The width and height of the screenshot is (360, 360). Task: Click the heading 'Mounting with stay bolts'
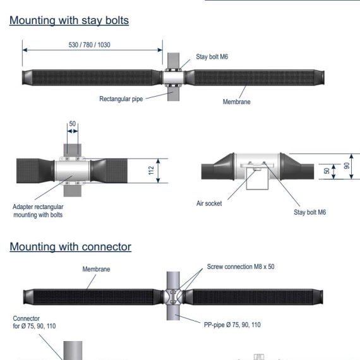(69, 20)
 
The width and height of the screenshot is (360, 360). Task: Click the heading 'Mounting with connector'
(71, 247)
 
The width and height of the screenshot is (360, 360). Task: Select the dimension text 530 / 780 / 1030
(89, 45)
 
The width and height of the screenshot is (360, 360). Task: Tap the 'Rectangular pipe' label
(121, 99)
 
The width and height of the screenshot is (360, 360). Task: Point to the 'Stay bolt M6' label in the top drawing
(212, 57)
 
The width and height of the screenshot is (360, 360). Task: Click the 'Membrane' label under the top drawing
(236, 102)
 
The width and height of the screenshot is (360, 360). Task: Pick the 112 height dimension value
(151, 171)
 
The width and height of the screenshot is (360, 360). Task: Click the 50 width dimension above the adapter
(73, 124)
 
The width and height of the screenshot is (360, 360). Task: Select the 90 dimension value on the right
(347, 165)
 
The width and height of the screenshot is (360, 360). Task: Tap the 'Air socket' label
(209, 203)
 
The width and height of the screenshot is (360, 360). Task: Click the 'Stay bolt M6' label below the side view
(309, 212)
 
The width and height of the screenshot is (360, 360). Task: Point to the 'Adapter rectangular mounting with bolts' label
(38, 211)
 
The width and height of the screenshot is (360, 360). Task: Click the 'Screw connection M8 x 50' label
(241, 267)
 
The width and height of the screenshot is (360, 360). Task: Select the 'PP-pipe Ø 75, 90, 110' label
(232, 325)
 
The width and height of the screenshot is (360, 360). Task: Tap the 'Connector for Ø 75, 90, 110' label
(34, 322)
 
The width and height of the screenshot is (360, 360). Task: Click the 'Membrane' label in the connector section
(96, 269)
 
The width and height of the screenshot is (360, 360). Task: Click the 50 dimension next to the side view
(327, 171)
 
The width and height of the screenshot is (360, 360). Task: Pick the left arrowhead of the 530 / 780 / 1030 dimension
(25, 50)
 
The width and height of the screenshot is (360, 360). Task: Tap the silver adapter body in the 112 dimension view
(72, 171)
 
